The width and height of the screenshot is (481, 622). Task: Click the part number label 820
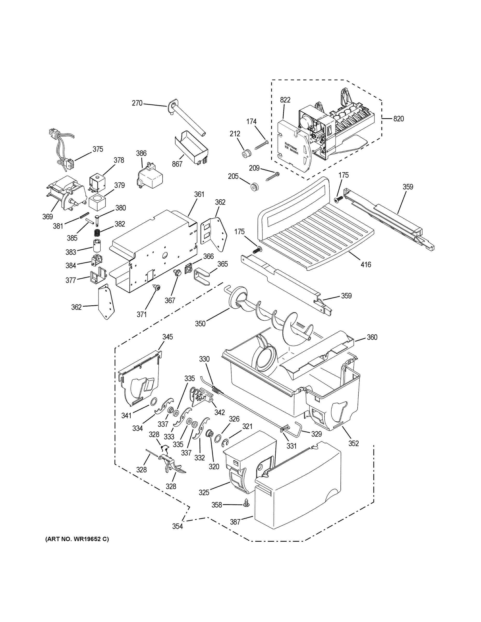tap(398, 119)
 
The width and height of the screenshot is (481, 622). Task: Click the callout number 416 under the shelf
tap(366, 265)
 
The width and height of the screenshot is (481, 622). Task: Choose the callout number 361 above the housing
tap(199, 194)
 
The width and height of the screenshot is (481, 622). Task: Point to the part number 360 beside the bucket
tap(372, 337)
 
